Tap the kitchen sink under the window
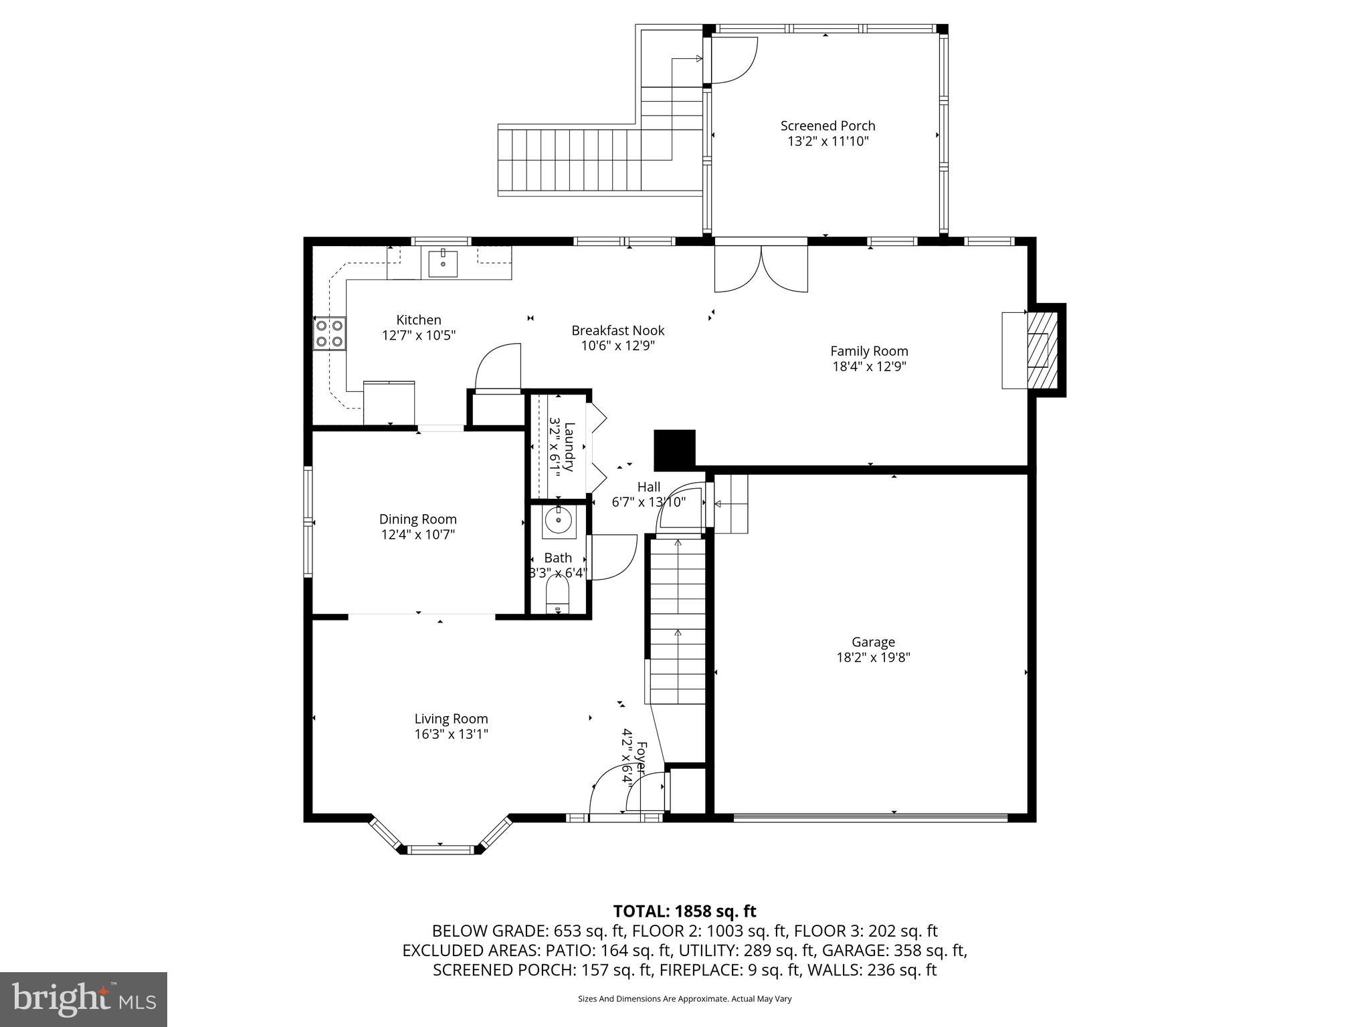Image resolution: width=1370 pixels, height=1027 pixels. [x=443, y=263]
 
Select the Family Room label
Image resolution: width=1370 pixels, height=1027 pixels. [x=869, y=351]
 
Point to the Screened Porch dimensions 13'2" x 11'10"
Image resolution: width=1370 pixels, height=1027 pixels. [x=827, y=141]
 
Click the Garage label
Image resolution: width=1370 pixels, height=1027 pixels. [x=873, y=642]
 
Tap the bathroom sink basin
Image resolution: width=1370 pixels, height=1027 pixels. [x=558, y=520]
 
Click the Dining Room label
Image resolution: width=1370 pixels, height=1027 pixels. [x=417, y=519]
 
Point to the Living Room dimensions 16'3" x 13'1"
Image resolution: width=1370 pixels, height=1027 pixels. [x=451, y=734]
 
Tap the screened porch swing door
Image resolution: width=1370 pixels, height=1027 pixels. [x=733, y=61]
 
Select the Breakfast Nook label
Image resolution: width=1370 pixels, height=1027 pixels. [x=617, y=330]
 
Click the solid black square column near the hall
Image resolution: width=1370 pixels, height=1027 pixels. [x=674, y=450]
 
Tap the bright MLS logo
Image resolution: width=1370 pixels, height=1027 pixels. [x=84, y=1000]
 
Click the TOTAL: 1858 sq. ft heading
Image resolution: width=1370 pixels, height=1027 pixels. [x=684, y=911]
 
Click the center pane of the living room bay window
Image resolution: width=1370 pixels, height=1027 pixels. [x=440, y=850]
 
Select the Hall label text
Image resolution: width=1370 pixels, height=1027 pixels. [x=648, y=487]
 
